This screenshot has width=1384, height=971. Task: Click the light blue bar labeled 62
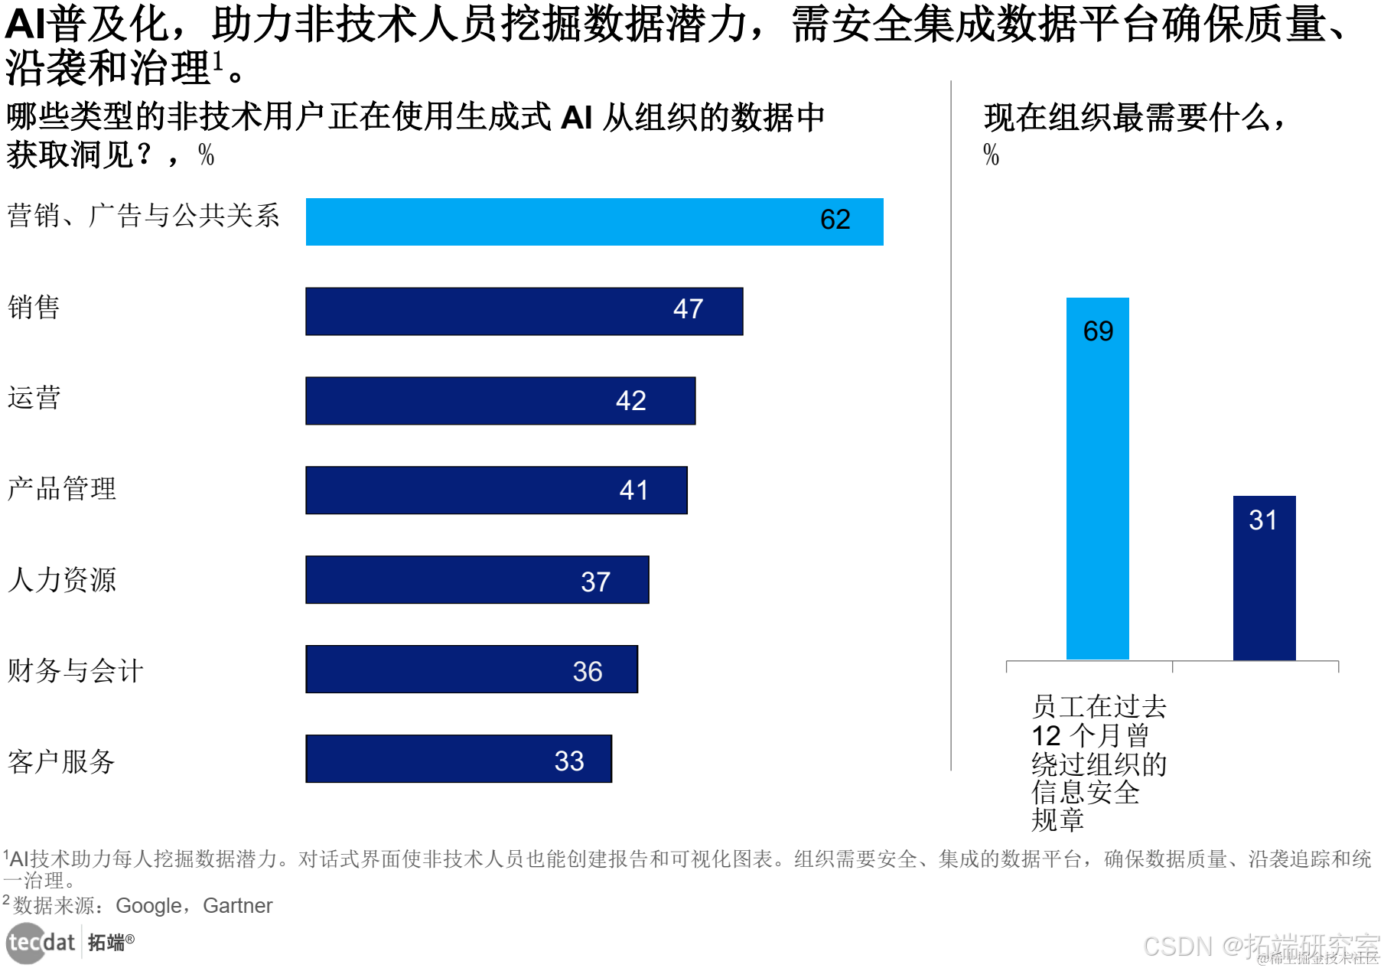[x=594, y=222]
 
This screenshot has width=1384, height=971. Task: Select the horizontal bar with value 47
[x=524, y=311]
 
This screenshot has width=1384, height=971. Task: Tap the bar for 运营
[x=500, y=401]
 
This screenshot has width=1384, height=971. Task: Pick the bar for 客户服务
[x=458, y=759]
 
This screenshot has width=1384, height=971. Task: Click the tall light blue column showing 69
[x=1097, y=478]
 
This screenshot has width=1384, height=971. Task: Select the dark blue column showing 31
[x=1264, y=578]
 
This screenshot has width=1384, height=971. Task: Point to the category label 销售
[x=34, y=308]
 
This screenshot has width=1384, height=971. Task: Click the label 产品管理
[x=62, y=488]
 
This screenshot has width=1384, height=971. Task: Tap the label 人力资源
[x=62, y=579]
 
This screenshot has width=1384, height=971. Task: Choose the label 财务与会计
[x=75, y=670]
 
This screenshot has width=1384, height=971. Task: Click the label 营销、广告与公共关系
[x=144, y=216]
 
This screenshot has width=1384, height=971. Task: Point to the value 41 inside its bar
[x=633, y=490]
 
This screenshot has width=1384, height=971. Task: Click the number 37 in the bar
[x=595, y=582]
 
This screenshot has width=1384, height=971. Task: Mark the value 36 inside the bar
[x=588, y=672]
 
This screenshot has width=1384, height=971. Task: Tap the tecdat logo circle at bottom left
[x=25, y=943]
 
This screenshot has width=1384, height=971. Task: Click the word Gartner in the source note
[x=237, y=906]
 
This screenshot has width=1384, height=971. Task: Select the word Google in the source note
[x=149, y=906]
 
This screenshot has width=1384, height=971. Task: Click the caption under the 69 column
[x=1099, y=762]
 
